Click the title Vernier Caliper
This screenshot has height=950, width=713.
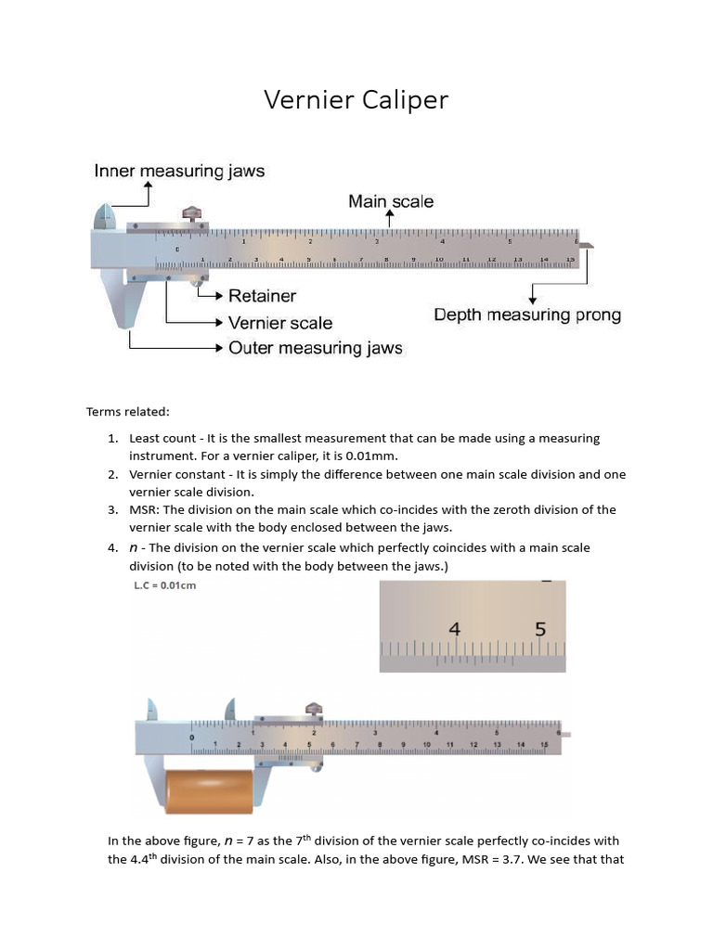(356, 99)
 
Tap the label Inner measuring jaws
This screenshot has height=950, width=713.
(179, 171)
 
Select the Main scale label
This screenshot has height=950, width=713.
(390, 200)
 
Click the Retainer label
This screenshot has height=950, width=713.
(262, 296)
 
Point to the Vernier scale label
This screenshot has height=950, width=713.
(279, 323)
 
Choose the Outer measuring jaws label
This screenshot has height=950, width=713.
(315, 348)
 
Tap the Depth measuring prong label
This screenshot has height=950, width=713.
(527, 315)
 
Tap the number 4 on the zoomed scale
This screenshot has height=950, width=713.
(455, 628)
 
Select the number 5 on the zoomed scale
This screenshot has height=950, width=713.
(541, 628)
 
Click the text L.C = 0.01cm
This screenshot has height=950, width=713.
(165, 585)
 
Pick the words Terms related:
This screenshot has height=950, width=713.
(128, 411)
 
